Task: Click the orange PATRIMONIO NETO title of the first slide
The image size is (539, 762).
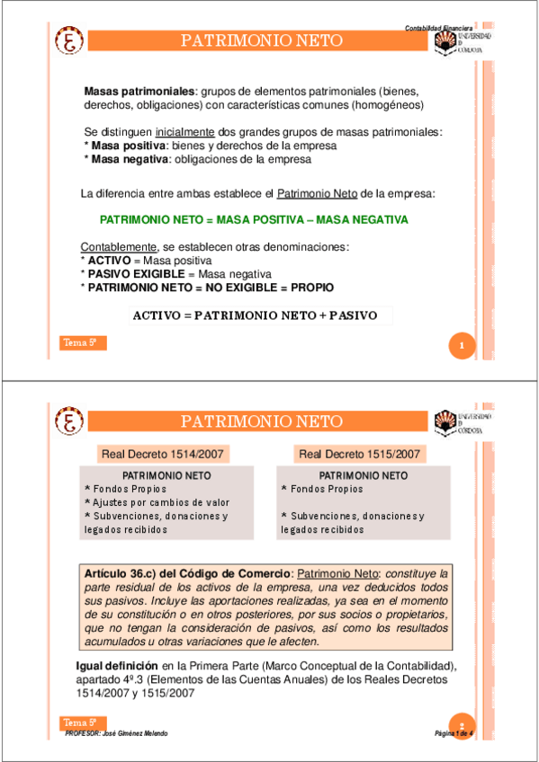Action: click(x=262, y=41)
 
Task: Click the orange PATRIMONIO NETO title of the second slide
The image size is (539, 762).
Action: click(x=262, y=421)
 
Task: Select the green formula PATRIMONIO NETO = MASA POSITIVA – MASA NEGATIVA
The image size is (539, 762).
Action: click(x=254, y=220)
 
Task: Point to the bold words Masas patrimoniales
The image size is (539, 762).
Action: click(x=139, y=93)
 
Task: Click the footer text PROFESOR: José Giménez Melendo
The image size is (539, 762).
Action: click(x=118, y=733)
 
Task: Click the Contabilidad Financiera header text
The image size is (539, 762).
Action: click(x=440, y=28)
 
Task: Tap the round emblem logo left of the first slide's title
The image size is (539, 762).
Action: click(x=70, y=41)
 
